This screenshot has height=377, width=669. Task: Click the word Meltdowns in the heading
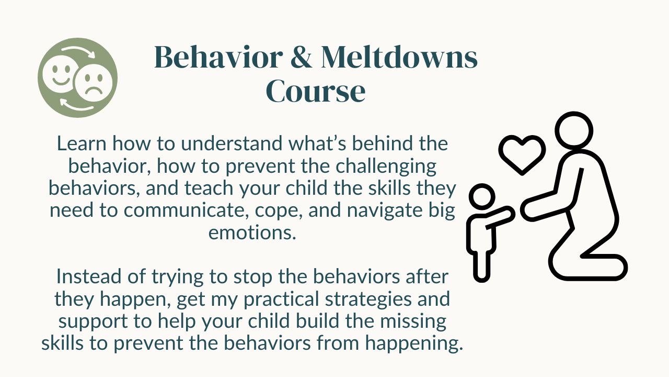click(x=399, y=57)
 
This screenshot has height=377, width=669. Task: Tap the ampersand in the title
click(x=302, y=57)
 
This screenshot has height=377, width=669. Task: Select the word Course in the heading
click(x=316, y=91)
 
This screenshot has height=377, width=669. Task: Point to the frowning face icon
click(x=94, y=83)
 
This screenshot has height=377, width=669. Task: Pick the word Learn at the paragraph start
click(x=82, y=143)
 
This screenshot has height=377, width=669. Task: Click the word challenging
click(x=386, y=167)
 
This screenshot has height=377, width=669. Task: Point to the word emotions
click(x=252, y=233)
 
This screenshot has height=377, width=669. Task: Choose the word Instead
click(x=89, y=276)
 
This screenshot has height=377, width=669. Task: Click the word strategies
click(x=368, y=300)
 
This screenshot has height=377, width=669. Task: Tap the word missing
click(x=413, y=321)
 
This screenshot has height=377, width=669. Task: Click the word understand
click(x=232, y=143)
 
